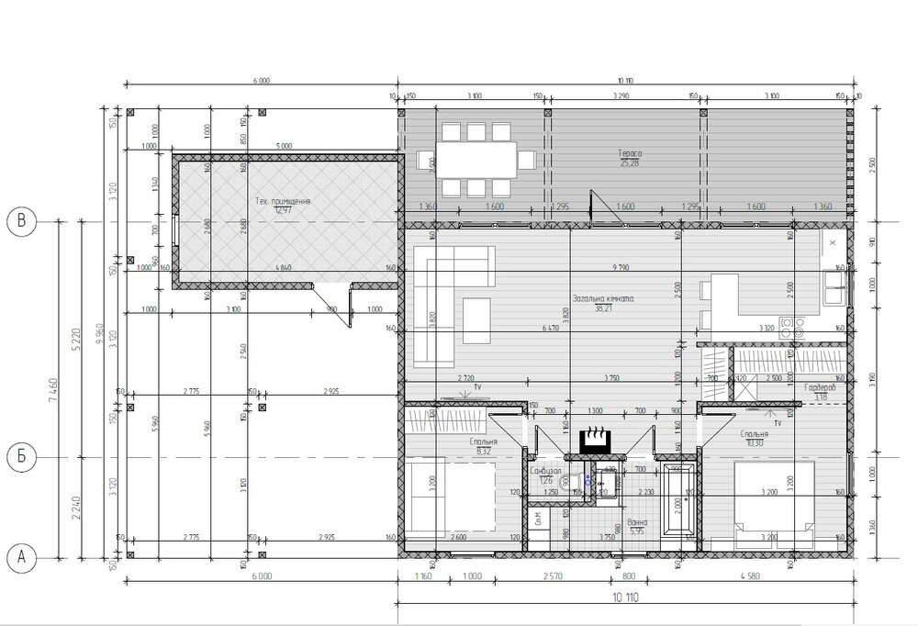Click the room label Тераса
tap(629, 153)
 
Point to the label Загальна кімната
tap(603, 299)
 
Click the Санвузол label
tap(546, 470)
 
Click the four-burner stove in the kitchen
tap(797, 326)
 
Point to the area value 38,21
tap(603, 309)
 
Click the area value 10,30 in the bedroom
tap(755, 443)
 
